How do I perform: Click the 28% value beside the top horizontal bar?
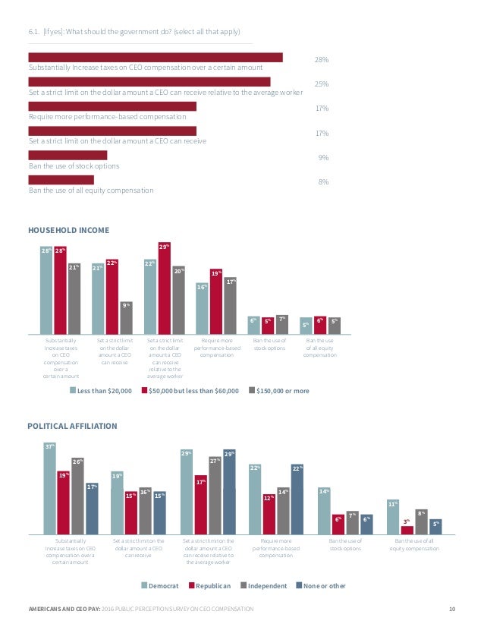point(322,59)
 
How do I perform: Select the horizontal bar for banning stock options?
point(68,155)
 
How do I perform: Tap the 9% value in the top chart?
point(323,158)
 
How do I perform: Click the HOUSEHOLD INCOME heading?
point(69,230)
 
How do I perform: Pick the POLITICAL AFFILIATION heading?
point(73,426)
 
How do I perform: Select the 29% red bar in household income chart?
point(164,288)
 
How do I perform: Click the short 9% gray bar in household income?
point(127,317)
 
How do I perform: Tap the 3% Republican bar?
point(407,530)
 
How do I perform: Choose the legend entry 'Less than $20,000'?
point(101,390)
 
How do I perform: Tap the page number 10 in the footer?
point(452,610)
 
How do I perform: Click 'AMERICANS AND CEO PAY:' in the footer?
point(61,610)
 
